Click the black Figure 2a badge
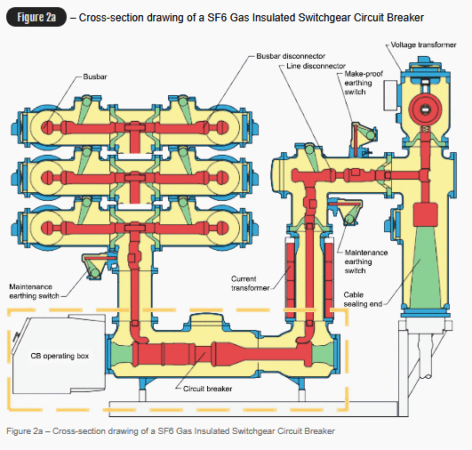pos(36,17)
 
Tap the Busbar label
pos(95,76)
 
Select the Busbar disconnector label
pos(291,56)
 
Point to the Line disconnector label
pos(316,66)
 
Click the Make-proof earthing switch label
pos(364,83)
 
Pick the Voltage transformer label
pos(423,44)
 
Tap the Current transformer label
pos(250,284)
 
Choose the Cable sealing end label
pos(363,300)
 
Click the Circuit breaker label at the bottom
pos(207,389)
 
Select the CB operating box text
pos(60,356)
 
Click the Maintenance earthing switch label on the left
pos(34,292)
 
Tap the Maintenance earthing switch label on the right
pos(365,261)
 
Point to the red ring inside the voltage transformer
pos(425,108)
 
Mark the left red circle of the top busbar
pos(46,127)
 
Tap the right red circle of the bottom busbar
pos(221,228)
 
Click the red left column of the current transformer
pos(290,280)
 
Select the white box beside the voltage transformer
pos(390,95)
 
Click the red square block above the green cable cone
pos(425,214)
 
